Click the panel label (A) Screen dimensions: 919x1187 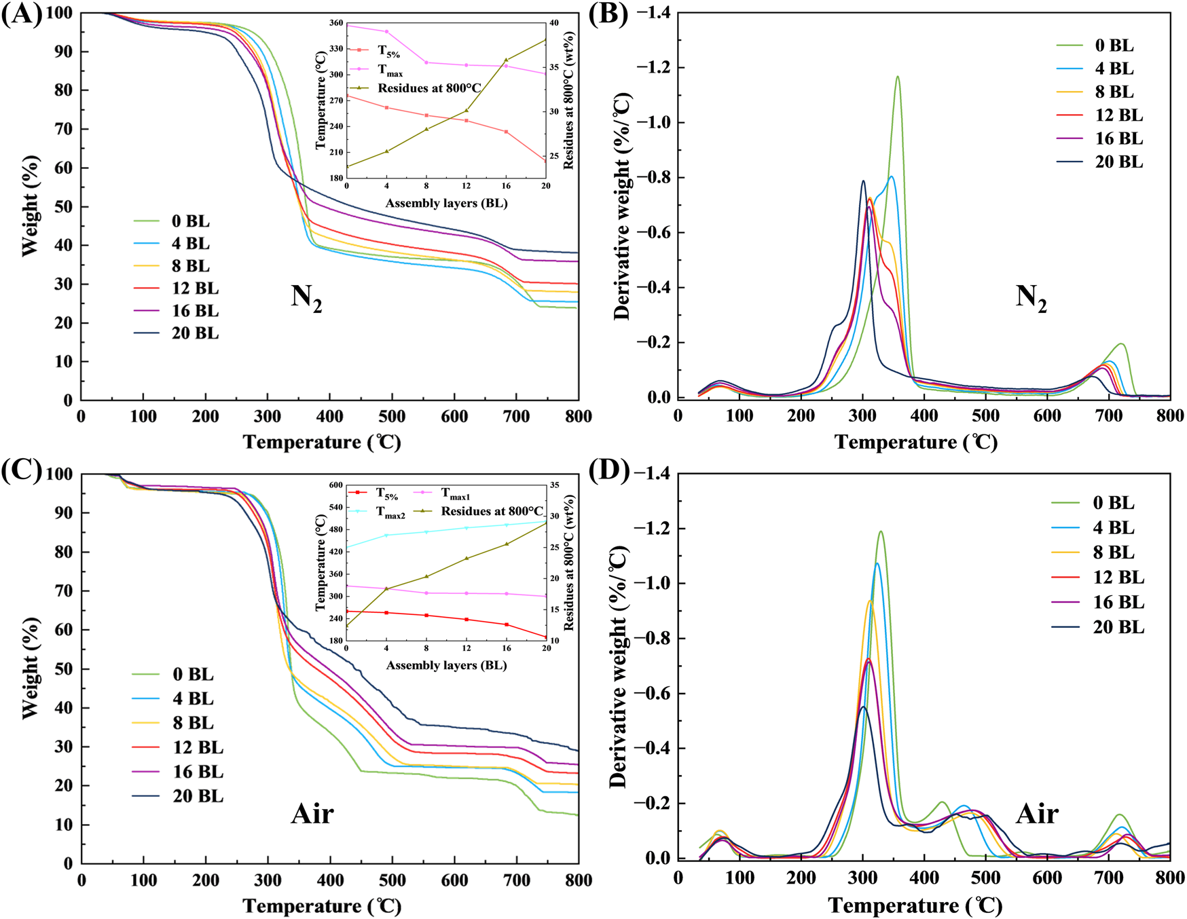21,14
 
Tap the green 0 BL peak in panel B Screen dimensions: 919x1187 897,77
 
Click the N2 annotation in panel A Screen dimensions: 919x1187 306,298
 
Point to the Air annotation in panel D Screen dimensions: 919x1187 1037,814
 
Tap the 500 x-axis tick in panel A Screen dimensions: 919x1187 392,417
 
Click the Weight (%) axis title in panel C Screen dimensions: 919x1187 30,669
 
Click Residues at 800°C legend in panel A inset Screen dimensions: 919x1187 429,88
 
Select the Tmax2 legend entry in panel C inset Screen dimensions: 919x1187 391,513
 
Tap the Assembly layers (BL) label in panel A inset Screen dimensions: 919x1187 446,204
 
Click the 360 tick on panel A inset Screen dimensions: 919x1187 335,23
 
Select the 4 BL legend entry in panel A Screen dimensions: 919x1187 191,244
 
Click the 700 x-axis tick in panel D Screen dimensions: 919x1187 1109,877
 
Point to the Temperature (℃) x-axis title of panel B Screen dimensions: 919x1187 916,443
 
